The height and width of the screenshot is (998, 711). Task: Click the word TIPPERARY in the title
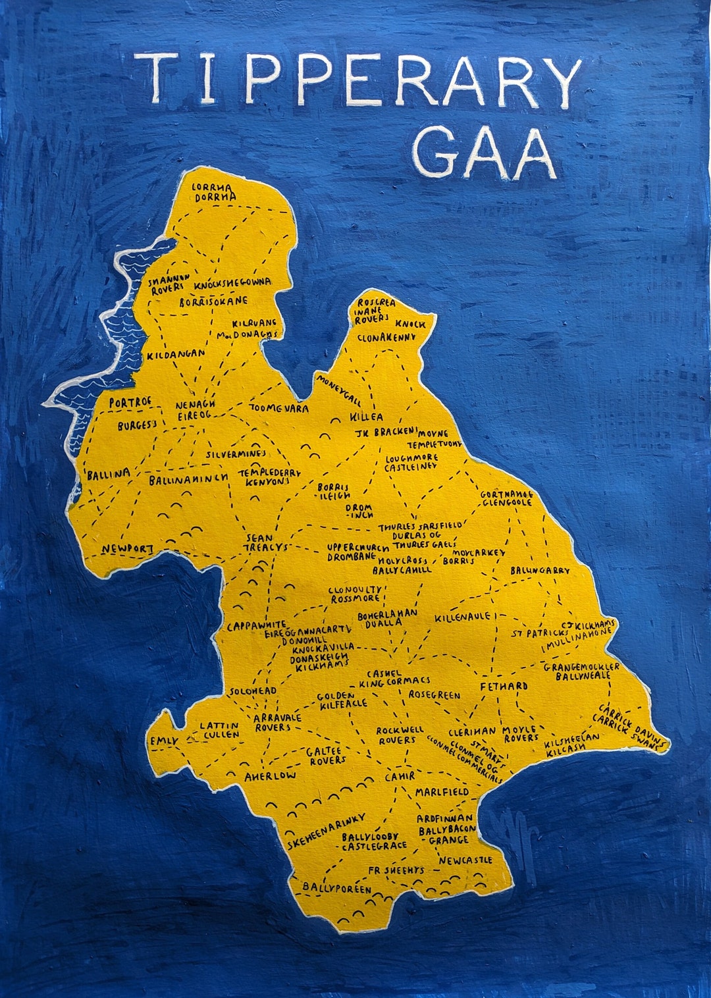tap(359, 79)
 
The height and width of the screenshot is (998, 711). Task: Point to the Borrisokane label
tap(214, 302)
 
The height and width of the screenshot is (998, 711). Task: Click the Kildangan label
tap(176, 354)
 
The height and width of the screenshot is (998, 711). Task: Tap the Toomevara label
tap(278, 408)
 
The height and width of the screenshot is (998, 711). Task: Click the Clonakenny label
tap(386, 337)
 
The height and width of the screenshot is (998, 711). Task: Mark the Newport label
tap(128, 548)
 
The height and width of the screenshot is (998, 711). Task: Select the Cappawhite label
tap(257, 625)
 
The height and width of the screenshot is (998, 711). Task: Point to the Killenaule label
tap(462, 617)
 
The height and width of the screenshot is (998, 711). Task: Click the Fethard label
tap(504, 686)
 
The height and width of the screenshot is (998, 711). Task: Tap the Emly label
tap(164, 741)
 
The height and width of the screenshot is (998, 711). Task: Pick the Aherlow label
tap(270, 776)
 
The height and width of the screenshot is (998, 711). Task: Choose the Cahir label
tap(400, 777)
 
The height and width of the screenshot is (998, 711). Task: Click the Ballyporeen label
tap(336, 888)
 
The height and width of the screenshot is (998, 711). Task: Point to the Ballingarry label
tap(540, 570)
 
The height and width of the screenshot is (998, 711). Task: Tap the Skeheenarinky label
tap(327, 831)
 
